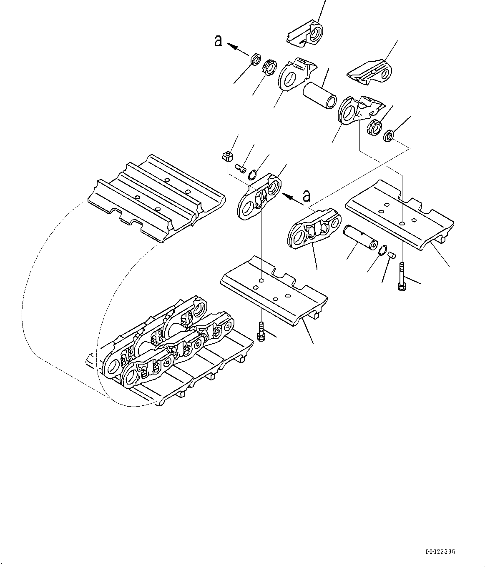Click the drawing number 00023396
(x=440, y=552)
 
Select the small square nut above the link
(x=227, y=157)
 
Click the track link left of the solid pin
(x=314, y=228)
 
